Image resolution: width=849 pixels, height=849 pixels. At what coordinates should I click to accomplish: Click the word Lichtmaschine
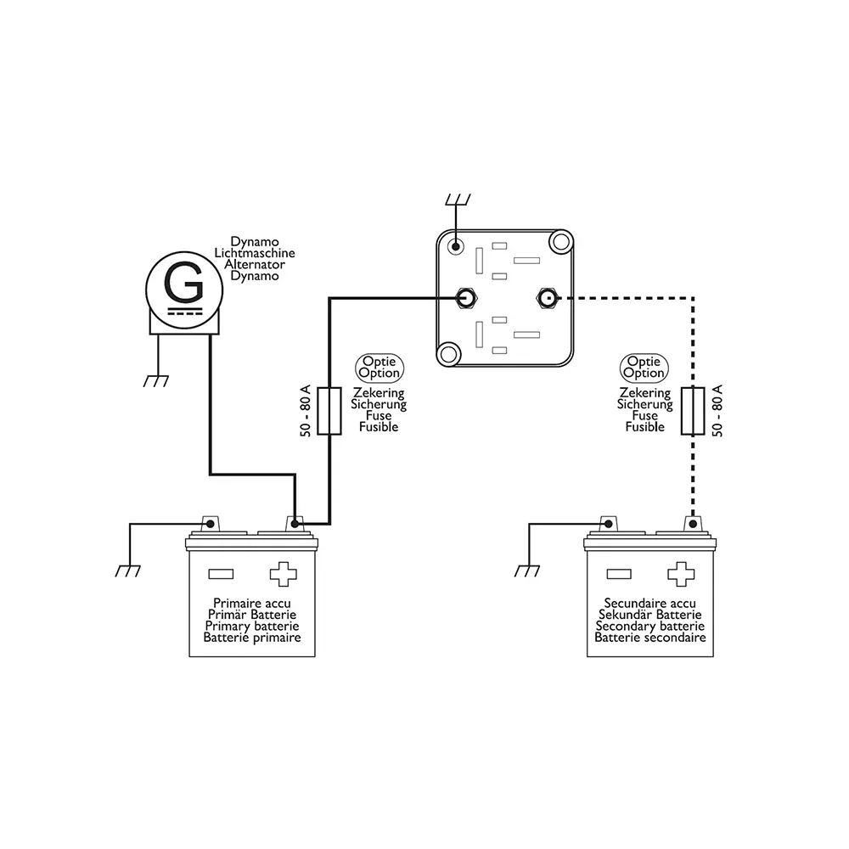coord(255,253)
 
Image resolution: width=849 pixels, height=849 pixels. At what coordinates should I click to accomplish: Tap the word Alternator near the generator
coord(255,264)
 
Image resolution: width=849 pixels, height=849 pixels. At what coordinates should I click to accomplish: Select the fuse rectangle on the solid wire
coord(329,411)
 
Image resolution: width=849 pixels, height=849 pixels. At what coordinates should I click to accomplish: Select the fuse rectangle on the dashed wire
coord(693,411)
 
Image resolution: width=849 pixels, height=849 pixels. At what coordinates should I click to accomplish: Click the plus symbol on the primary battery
coord(284,574)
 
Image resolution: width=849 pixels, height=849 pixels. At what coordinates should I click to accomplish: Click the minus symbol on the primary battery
coord(221,574)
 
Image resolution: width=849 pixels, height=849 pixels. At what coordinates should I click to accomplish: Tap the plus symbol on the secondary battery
coord(681,574)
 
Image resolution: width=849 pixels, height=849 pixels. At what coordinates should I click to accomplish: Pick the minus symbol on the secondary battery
coord(619,574)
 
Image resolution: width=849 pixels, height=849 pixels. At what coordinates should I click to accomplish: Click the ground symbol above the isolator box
coord(458,200)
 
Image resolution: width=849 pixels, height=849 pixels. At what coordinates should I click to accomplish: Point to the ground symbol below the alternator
coord(156,381)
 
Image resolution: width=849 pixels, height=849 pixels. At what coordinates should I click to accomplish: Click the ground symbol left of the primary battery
coord(128,571)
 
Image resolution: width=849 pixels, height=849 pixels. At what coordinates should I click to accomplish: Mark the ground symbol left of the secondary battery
coord(527,571)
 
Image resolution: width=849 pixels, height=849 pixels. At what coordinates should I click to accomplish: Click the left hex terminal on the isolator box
coord(465,298)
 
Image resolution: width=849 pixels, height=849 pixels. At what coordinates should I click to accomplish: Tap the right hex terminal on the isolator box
coord(547,298)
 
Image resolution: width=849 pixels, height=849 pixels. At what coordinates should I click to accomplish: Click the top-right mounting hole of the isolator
coord(561,241)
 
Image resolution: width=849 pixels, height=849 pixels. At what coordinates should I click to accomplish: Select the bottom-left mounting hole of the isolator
coord(448,354)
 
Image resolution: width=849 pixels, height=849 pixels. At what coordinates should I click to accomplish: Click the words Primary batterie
coord(252,626)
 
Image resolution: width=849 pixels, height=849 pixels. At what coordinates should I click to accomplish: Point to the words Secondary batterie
coord(649,626)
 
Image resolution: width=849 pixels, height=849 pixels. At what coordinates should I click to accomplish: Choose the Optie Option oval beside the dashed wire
coord(644,368)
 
